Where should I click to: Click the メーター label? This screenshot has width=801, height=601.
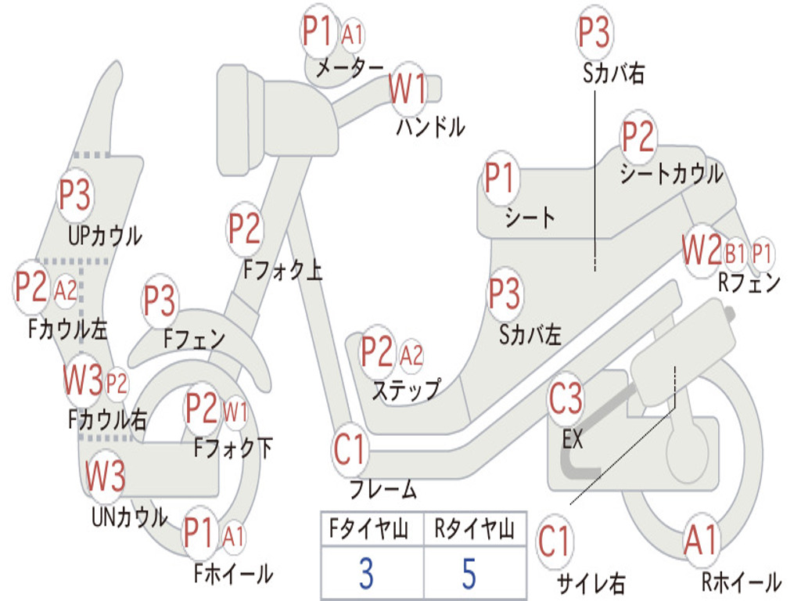[350, 67]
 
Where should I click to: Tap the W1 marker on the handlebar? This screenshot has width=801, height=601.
[408, 88]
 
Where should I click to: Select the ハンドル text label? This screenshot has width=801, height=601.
[431, 127]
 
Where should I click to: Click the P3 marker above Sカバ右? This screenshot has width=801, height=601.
[594, 31]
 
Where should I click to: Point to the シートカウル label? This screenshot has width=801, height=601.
[671, 174]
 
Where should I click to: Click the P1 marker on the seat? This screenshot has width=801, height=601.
[499, 178]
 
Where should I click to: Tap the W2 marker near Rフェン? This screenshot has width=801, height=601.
[702, 250]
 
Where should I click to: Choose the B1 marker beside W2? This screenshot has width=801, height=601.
[735, 254]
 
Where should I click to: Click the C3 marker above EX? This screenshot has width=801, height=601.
[566, 398]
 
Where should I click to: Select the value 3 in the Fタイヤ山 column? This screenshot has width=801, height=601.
[366, 574]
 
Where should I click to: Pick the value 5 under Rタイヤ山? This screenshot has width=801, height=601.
[469, 574]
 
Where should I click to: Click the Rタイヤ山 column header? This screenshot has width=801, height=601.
[475, 529]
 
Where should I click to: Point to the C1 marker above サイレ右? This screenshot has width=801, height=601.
[554, 542]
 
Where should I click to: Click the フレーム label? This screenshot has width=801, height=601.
[383, 490]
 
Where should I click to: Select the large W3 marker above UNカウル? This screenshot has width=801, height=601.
[106, 476]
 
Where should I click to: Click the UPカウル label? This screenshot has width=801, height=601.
[106, 236]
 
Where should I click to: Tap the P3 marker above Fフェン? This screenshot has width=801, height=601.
[160, 300]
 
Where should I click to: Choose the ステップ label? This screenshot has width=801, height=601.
[406, 390]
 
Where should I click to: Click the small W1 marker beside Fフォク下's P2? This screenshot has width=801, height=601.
[235, 412]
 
